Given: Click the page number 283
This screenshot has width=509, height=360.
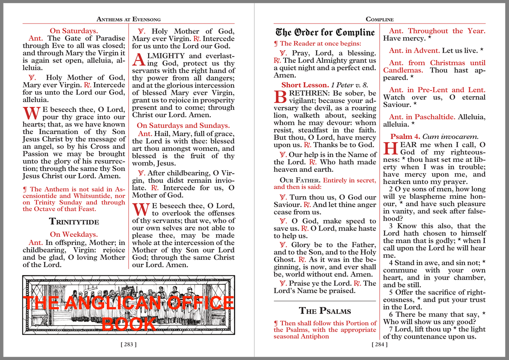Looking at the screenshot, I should (129, 345).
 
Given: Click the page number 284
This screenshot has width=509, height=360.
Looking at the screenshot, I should (379, 345).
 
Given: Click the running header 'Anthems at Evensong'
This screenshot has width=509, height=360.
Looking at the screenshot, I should (129, 19).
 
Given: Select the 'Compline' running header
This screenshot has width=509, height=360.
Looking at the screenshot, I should (379, 19).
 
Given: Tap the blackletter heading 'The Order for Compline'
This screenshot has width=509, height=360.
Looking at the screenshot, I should (325, 32).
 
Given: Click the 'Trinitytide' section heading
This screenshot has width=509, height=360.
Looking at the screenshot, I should (74, 222).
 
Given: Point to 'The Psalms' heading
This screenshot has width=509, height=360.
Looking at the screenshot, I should (325, 311).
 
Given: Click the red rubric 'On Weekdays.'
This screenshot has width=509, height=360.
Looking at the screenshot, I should (74, 234).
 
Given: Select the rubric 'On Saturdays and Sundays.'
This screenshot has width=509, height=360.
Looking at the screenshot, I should (183, 126).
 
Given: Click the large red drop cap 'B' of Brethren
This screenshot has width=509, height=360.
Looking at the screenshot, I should (280, 97).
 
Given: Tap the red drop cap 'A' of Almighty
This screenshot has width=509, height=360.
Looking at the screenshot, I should (138, 60).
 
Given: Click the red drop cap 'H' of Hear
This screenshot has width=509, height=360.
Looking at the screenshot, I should (390, 148).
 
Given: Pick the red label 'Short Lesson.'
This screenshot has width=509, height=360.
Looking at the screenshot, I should (305, 85).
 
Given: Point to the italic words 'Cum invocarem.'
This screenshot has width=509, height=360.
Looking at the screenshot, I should (450, 137).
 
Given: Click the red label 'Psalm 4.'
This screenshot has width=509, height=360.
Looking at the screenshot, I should (405, 137).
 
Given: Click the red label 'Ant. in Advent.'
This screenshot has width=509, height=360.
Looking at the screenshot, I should (414, 51).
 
